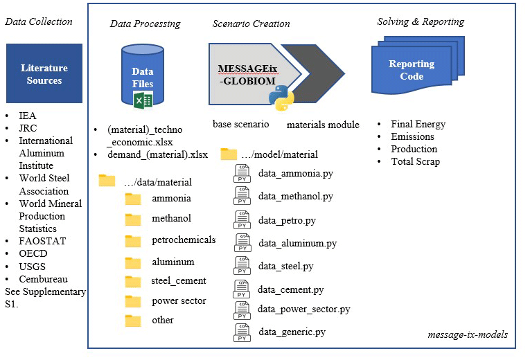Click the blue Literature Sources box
tap(44, 74)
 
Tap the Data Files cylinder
tap(142, 77)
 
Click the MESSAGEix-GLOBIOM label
tap(247, 73)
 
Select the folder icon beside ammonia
tap(132, 199)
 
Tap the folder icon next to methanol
tap(132, 219)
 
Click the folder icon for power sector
tap(132, 301)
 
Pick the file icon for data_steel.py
tap(242, 266)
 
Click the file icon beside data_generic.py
tap(242, 332)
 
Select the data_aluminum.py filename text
tap(297, 243)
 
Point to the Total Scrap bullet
tap(416, 161)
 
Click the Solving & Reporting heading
tap(421, 21)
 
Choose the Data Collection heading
tap(39, 21)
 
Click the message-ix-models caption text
tap(468, 334)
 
